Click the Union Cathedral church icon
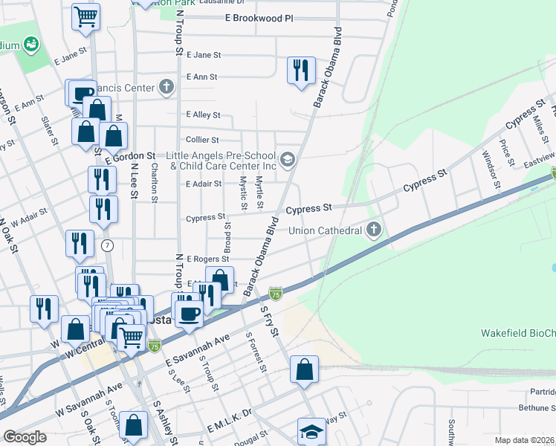pyautogui.click(x=375, y=230)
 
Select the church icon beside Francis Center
pyautogui.click(x=167, y=87)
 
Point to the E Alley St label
pyautogui.click(x=204, y=115)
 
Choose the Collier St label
pyautogui.click(x=202, y=140)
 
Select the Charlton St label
pyautogui.click(x=154, y=184)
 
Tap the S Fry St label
pyautogui.click(x=268, y=320)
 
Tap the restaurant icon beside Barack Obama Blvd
pyautogui.click(x=300, y=71)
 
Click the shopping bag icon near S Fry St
pyautogui.click(x=305, y=369)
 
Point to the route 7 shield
pyautogui.click(x=109, y=245)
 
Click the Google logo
pyautogui.click(x=25, y=437)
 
